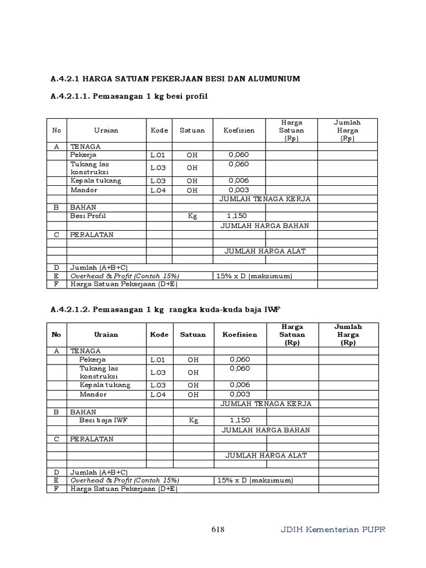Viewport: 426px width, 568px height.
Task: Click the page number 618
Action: click(218, 529)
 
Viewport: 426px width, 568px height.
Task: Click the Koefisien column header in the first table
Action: click(239, 130)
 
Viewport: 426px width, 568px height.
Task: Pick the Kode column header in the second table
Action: click(159, 334)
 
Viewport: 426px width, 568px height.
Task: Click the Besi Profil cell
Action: click(88, 216)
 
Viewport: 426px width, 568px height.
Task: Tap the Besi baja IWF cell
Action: click(104, 420)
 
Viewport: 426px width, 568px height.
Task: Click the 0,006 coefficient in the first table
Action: click(239, 181)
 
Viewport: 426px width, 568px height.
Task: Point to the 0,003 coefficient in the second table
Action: click(240, 394)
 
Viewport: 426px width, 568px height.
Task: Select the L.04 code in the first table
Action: click(158, 190)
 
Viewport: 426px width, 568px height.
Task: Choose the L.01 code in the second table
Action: click(159, 359)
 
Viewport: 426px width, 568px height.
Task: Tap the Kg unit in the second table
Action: click(193, 420)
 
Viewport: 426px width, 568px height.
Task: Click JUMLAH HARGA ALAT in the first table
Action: click(265, 251)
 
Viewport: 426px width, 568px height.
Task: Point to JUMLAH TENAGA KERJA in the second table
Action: click(266, 403)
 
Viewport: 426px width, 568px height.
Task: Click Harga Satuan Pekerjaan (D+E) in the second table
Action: click(122, 489)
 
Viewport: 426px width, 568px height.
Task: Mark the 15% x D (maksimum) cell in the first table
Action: click(254, 276)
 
